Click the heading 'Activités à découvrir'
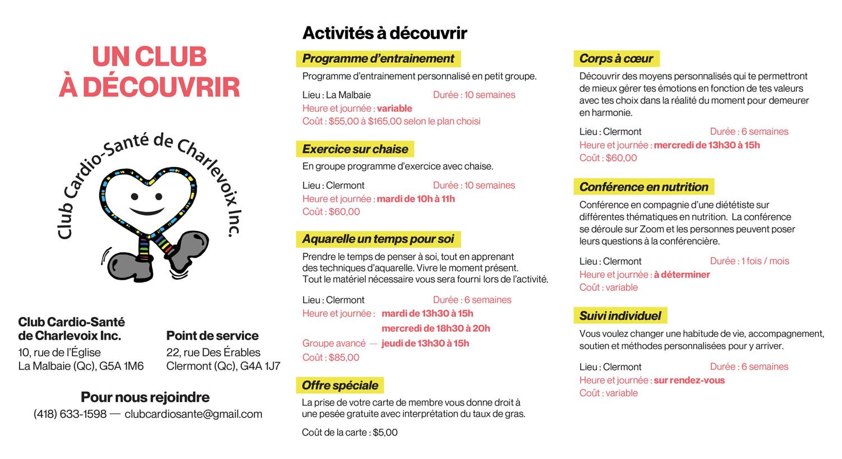tap(384, 33)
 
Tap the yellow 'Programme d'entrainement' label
tap(378, 58)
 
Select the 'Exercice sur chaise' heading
tap(355, 149)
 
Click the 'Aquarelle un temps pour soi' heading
tap(378, 239)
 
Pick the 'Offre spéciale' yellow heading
tap(340, 385)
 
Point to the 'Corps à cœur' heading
tap(616, 58)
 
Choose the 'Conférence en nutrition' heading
tap(643, 187)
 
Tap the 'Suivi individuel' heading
tap(620, 316)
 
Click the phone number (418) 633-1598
tap(70, 414)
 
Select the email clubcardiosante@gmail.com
tap(194, 414)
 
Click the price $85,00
tap(344, 358)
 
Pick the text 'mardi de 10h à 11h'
tap(416, 199)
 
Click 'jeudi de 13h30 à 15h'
tap(425, 343)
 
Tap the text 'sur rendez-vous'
tap(689, 380)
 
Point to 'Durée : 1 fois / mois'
tap(749, 261)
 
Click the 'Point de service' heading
tap(212, 336)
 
